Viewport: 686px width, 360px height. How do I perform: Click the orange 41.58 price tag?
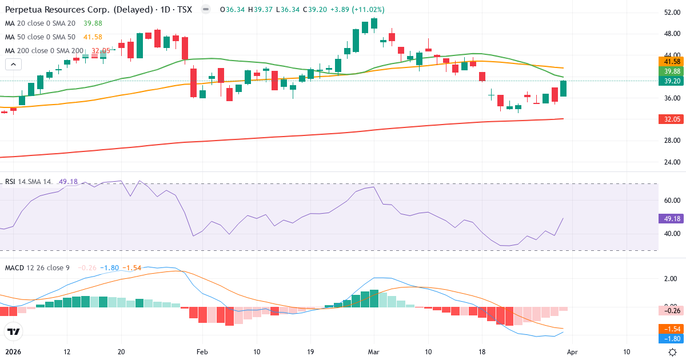click(x=672, y=61)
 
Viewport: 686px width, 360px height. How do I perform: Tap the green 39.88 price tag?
click(x=672, y=71)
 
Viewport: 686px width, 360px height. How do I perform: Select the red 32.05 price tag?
click(x=672, y=119)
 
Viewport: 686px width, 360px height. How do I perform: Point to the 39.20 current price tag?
click(x=672, y=81)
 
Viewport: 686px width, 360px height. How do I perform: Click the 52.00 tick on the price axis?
click(x=672, y=13)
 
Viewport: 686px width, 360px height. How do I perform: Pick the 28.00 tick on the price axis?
click(x=672, y=141)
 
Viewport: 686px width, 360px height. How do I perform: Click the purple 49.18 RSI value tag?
click(x=672, y=218)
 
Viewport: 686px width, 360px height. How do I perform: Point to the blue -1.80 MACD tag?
click(x=672, y=338)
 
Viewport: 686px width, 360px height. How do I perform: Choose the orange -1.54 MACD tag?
click(x=672, y=329)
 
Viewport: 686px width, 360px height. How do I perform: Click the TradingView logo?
click(x=14, y=331)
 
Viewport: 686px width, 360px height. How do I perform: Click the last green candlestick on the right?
click(x=563, y=89)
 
